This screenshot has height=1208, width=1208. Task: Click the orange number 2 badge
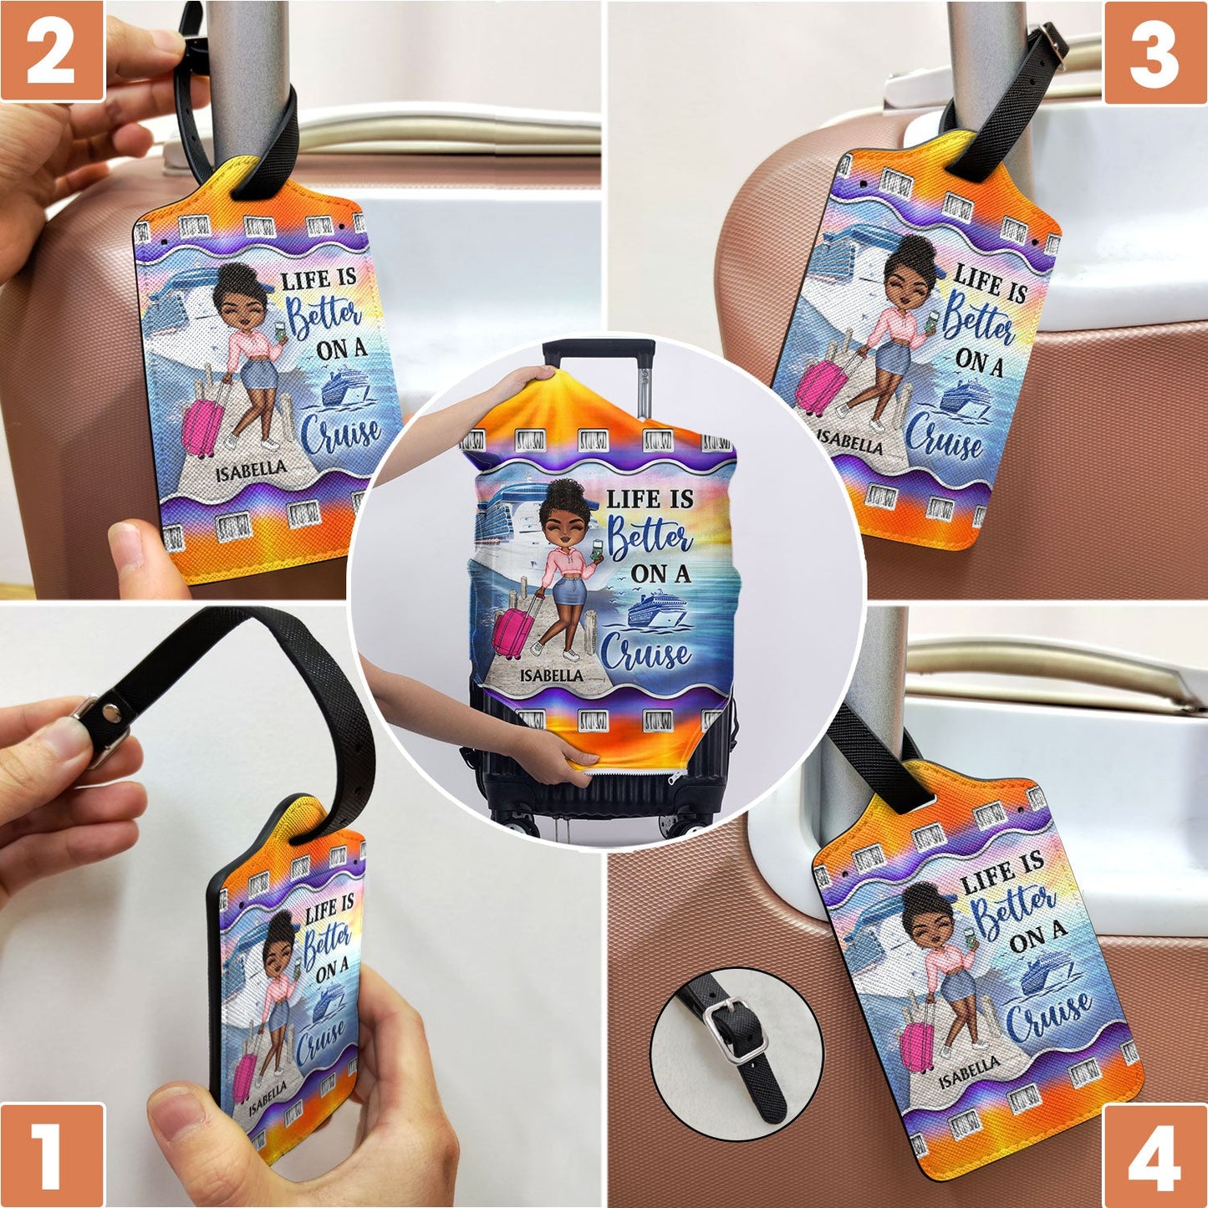coord(52,52)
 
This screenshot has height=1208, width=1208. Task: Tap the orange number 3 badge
coord(1154,52)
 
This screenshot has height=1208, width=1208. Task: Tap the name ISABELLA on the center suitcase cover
coord(551,675)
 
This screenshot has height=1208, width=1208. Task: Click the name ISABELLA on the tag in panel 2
coord(250,471)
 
